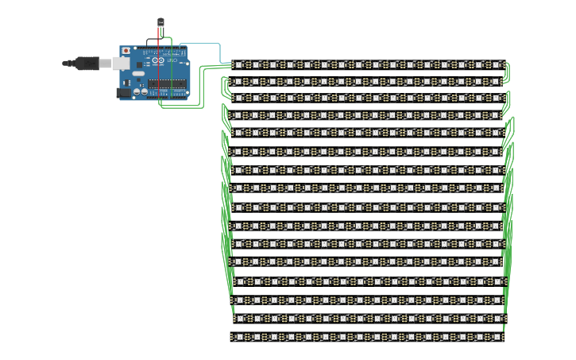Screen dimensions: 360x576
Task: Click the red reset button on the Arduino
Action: (126, 51)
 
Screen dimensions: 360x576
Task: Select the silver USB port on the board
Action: (119, 63)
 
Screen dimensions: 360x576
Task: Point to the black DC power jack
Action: (124, 92)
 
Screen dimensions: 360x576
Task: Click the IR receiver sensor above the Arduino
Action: (160, 22)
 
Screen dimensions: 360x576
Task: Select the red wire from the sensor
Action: (158, 41)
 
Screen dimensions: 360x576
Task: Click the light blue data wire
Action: (203, 43)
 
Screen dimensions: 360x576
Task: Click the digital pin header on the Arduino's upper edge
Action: (163, 49)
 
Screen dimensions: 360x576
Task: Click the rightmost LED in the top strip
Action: (497, 64)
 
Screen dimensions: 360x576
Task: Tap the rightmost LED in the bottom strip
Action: (497, 337)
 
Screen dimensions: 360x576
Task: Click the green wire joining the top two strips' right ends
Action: (508, 73)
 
